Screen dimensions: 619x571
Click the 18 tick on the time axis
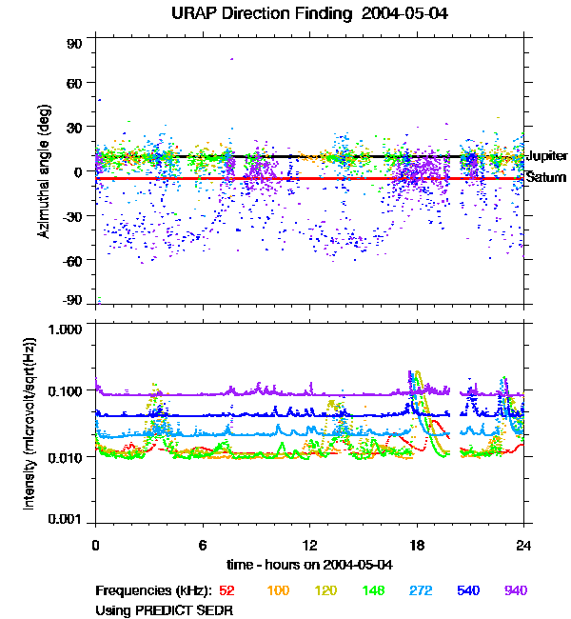416,545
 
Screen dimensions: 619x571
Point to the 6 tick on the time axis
203,545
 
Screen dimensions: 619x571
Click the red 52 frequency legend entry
227,591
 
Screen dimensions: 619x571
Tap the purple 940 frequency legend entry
515,591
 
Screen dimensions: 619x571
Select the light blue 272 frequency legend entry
420,591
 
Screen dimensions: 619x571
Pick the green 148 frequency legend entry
374,591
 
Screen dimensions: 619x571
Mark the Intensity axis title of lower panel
30,423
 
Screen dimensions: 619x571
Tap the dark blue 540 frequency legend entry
467,591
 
